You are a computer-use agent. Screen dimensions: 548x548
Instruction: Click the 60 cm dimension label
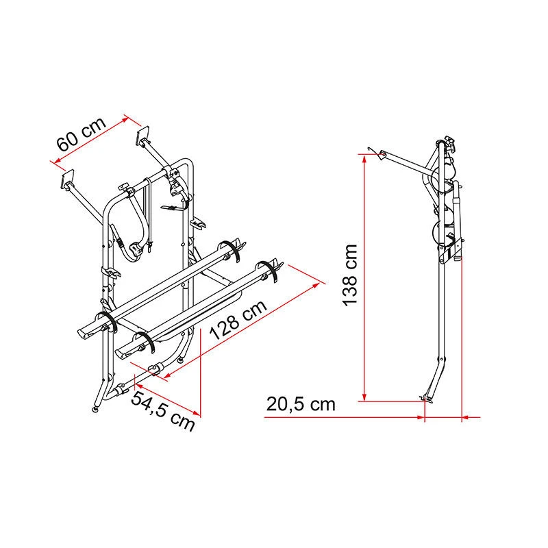pyautogui.click(x=81, y=134)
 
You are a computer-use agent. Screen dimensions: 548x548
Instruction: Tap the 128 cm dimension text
pyautogui.click(x=238, y=320)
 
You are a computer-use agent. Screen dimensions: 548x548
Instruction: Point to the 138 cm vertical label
pyautogui.click(x=350, y=276)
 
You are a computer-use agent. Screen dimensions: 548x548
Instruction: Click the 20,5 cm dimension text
pyautogui.click(x=301, y=404)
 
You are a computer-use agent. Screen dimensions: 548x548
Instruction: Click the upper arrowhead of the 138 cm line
pyautogui.click(x=364, y=160)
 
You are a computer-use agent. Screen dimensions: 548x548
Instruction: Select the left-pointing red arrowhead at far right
pyautogui.click(x=466, y=417)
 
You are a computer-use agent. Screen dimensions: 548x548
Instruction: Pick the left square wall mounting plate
pyautogui.click(x=68, y=178)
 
